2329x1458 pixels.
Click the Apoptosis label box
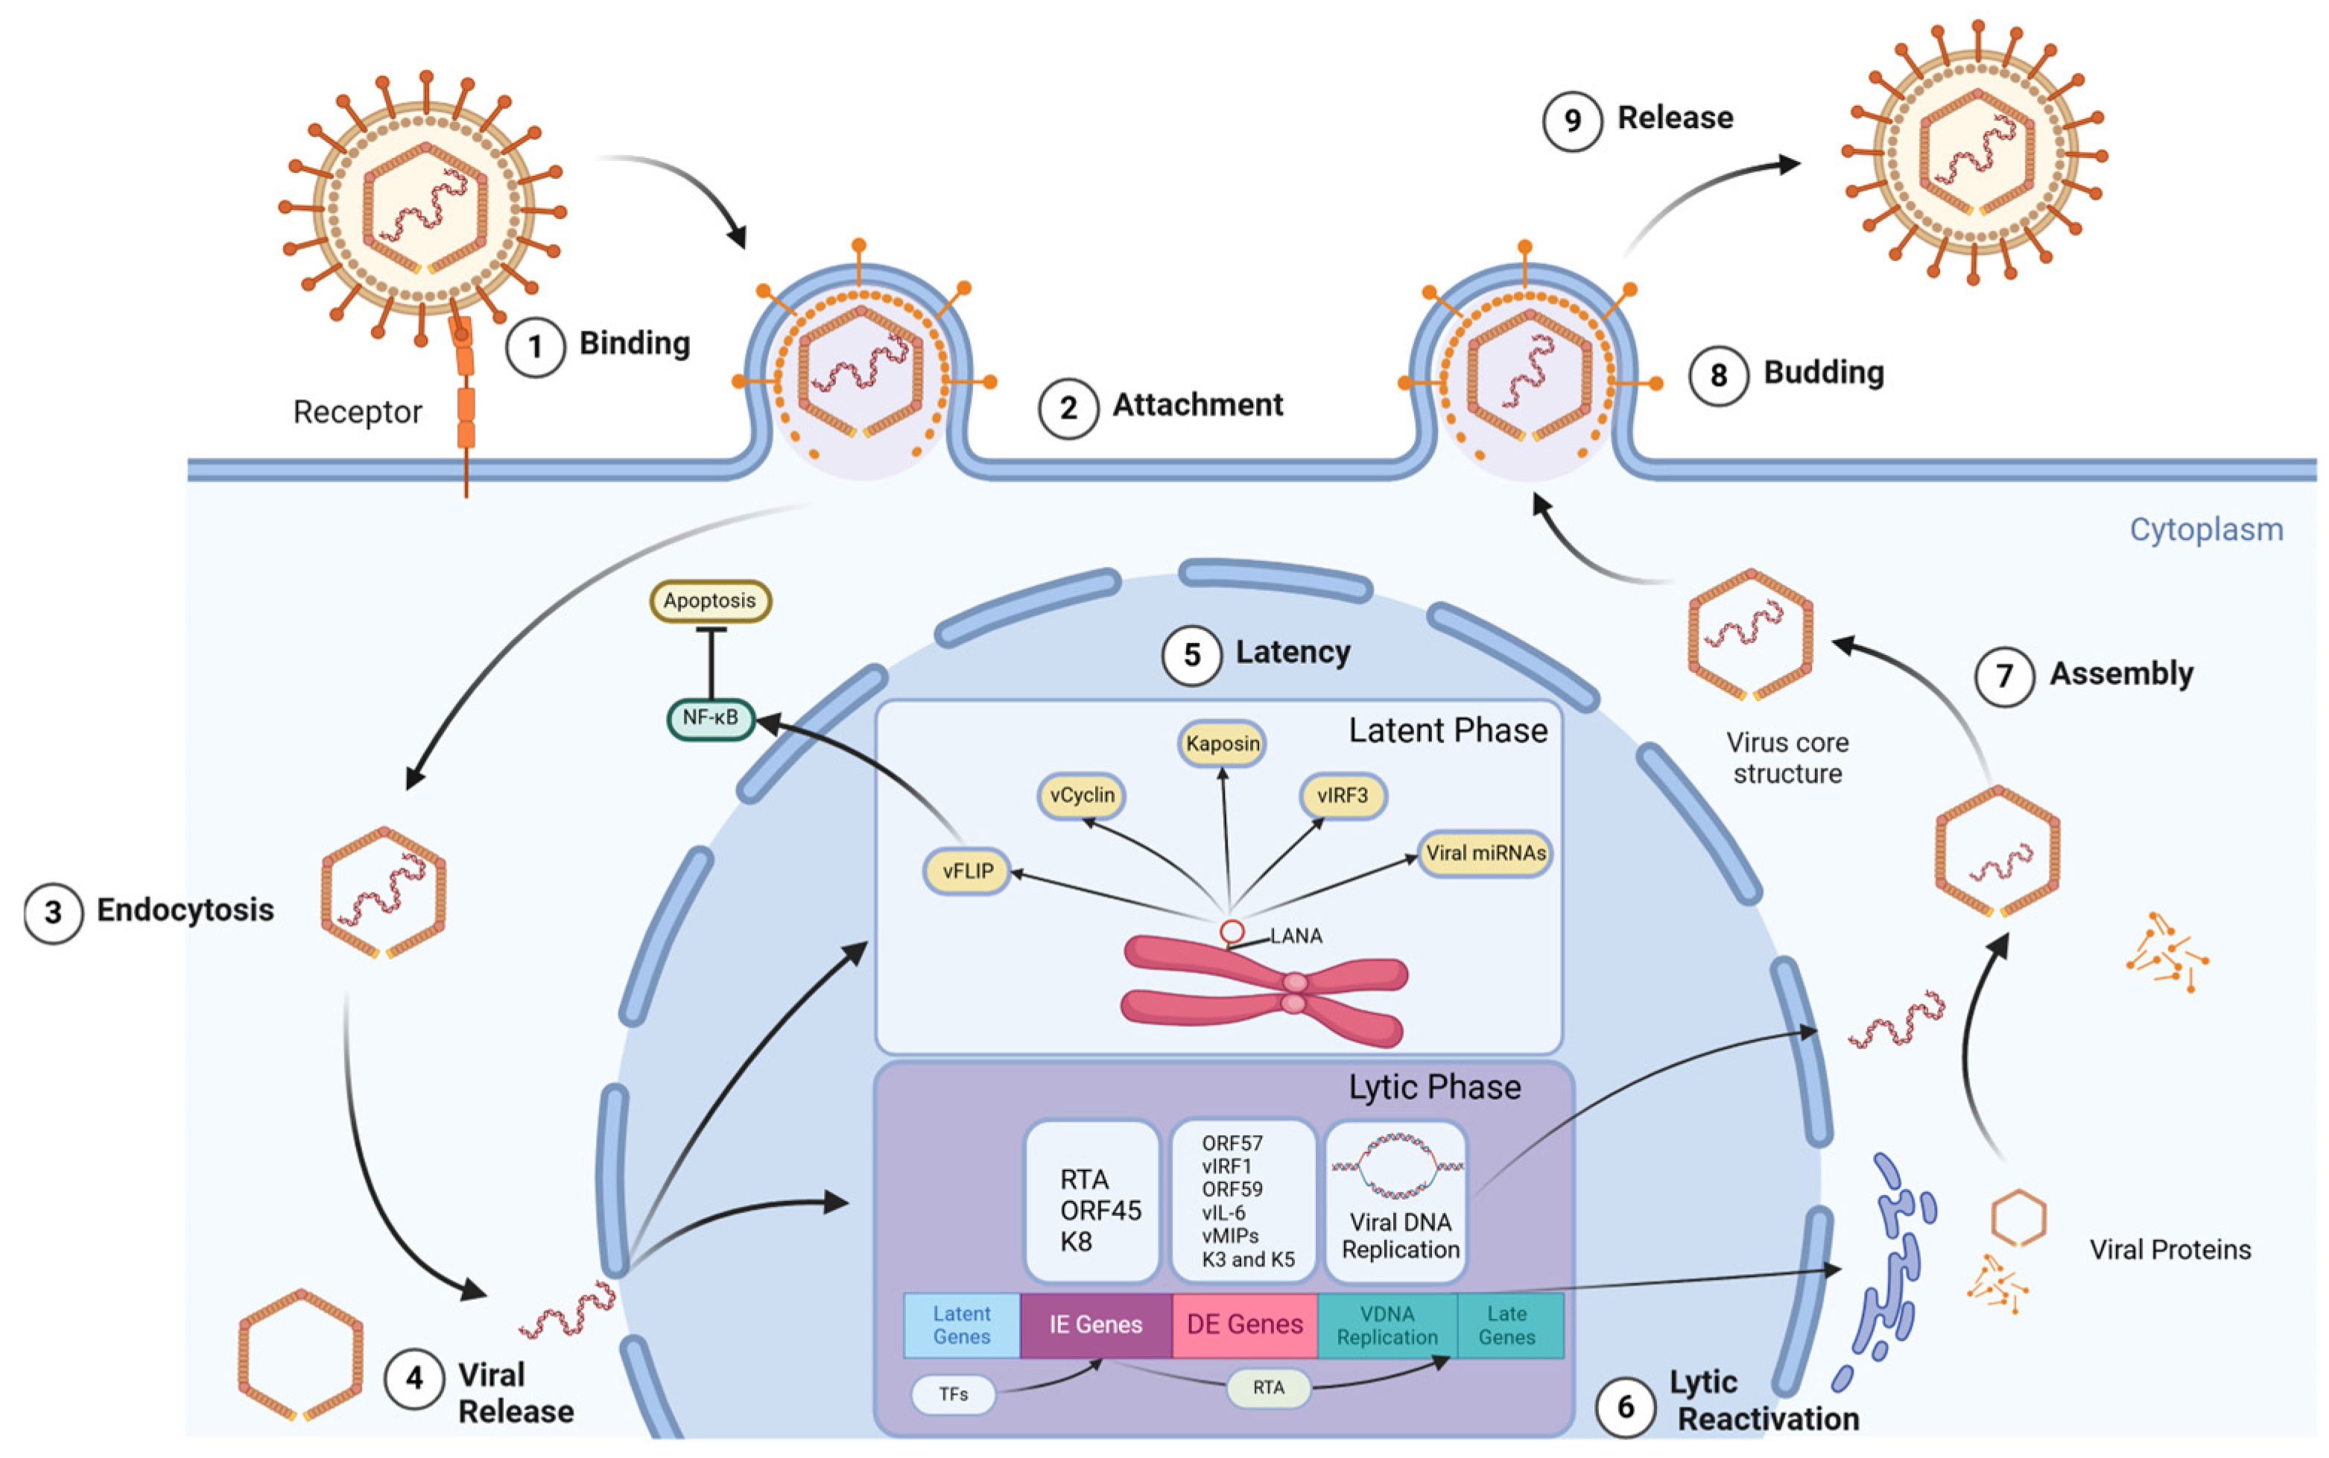710,600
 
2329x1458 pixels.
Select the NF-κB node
711,718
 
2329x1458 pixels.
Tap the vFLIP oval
966,872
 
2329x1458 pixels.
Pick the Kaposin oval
1222,744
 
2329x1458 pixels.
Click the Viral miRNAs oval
1485,853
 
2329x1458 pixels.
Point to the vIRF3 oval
1343,796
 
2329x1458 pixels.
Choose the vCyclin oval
1082,796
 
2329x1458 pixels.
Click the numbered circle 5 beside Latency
1192,655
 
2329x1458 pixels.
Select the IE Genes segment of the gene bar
1095,1325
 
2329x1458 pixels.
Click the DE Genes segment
1244,1325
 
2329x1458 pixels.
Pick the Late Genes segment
1507,1325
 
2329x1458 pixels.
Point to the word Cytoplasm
2205,530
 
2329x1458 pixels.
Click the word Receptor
357,412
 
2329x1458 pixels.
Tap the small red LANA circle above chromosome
1232,931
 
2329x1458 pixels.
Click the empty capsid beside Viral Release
300,1355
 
